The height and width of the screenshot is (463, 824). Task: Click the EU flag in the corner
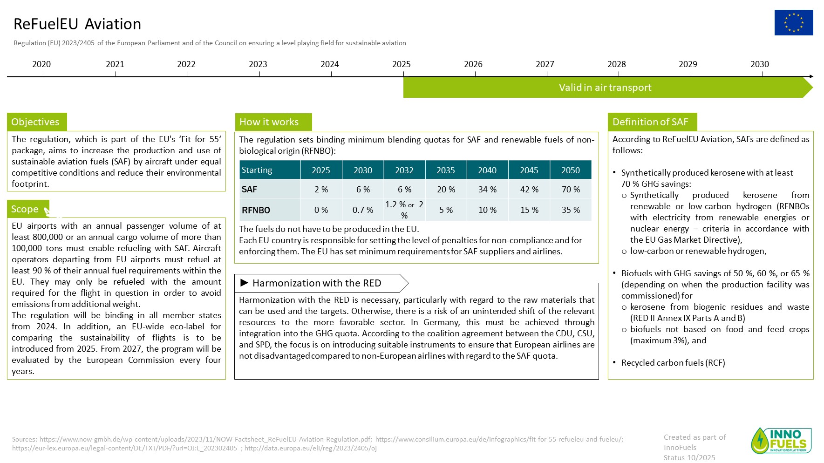coord(793,22)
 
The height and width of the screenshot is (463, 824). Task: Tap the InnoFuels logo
coord(781,440)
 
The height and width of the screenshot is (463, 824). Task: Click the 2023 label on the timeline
coord(258,64)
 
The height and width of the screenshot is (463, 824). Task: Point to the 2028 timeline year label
coord(616,64)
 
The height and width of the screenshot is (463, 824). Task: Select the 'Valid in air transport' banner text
coord(605,88)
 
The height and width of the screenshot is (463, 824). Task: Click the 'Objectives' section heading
coord(35,122)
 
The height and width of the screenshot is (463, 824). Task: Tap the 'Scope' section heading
coord(25,209)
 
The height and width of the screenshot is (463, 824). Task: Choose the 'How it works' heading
coord(269,122)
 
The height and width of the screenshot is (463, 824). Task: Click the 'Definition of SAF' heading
coord(650,122)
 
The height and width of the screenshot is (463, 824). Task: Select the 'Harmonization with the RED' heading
coord(316,283)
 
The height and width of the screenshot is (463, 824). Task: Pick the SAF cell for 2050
coord(571,190)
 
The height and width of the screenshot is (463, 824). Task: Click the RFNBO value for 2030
coord(362,210)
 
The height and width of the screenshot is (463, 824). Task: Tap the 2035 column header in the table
coord(445,170)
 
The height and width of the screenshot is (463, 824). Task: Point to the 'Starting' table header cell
coord(257,170)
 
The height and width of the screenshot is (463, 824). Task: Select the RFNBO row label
coord(256,210)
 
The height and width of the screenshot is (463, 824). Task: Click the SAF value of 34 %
coord(487,190)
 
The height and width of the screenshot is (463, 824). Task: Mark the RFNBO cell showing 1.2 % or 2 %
coord(404,210)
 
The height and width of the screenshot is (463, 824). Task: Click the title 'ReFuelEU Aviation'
coord(77,24)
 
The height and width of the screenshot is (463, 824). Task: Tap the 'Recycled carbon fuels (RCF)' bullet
coord(673,363)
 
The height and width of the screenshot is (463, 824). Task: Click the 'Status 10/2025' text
coord(689,457)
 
